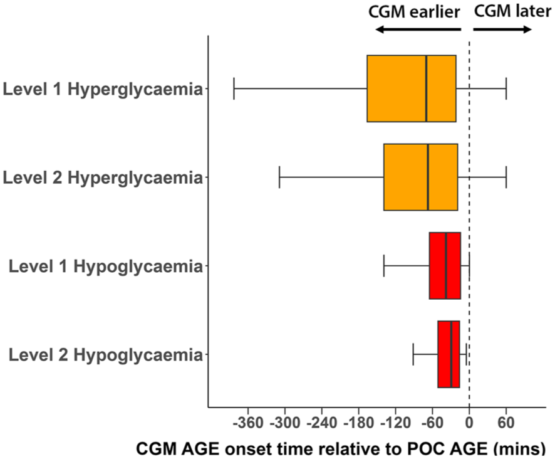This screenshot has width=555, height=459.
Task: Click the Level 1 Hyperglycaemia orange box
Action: (412, 88)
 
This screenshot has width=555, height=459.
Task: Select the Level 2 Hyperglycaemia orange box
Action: (420, 177)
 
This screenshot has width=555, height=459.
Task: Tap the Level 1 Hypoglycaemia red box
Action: (445, 266)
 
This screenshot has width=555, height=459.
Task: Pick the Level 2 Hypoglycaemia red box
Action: (449, 354)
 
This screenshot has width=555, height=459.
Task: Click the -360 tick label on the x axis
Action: (248, 423)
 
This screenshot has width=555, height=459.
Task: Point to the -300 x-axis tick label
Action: (284, 423)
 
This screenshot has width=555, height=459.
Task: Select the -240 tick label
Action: (321, 423)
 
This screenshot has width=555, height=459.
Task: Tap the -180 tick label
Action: (358, 423)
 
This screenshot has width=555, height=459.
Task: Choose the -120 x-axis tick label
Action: (395, 423)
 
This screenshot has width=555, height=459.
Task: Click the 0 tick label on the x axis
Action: (469, 423)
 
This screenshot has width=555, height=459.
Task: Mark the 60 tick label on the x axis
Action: (506, 423)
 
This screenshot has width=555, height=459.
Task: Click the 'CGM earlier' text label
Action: (414, 12)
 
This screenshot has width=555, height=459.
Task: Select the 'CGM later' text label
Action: (512, 11)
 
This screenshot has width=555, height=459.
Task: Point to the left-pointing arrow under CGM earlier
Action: (418, 29)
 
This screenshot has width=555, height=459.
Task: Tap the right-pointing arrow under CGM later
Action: (502, 29)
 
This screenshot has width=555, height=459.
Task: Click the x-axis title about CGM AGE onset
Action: (341, 449)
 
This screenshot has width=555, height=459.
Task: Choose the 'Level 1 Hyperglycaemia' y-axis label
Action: (103, 89)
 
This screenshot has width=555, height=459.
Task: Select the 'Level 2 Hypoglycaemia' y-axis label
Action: (105, 355)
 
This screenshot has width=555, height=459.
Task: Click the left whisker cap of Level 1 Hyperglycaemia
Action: (234, 88)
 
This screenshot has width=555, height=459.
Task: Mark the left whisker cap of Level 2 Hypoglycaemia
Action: (413, 354)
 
